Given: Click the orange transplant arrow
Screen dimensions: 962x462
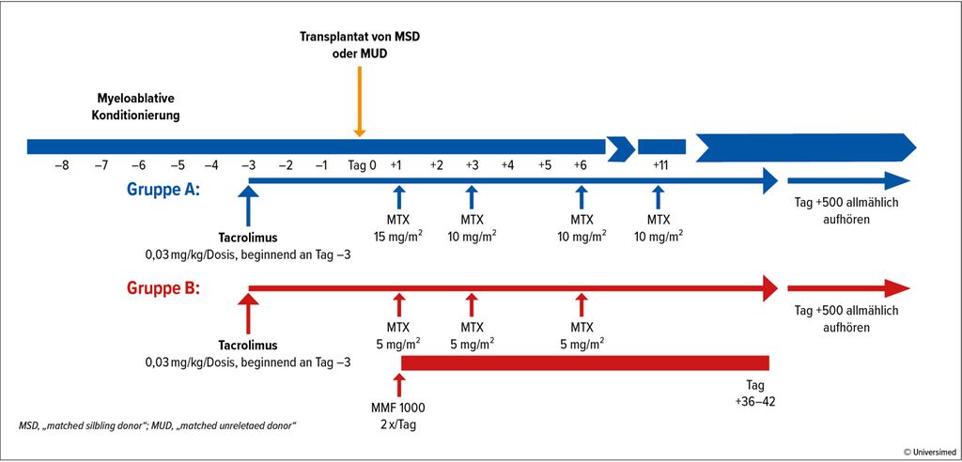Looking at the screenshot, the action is [x=360, y=101].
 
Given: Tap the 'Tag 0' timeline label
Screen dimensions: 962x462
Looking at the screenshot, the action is [x=362, y=165].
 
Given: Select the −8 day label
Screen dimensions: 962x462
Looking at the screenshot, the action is [x=61, y=165].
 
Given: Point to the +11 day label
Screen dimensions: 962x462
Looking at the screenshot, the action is [x=660, y=165].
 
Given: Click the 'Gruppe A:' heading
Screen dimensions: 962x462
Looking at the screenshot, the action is [x=163, y=189].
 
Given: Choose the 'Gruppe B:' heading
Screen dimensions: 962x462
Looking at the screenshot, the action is [x=163, y=287].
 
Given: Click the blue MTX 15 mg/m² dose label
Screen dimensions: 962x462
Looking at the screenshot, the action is [x=398, y=227].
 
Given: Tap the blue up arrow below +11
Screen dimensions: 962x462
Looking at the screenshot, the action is [x=658, y=197].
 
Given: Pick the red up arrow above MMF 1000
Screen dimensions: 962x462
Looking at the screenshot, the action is [x=399, y=384].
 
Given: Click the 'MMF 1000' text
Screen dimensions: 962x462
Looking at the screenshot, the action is [x=398, y=408].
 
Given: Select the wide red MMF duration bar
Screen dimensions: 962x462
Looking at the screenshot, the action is [x=584, y=362].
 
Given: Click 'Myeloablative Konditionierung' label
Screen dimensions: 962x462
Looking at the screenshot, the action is [x=135, y=107].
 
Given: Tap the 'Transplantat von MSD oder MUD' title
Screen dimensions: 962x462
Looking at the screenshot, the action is [x=360, y=45].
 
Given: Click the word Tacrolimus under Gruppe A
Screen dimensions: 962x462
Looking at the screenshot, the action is [x=248, y=237].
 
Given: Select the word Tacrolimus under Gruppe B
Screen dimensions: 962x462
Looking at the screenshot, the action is [x=248, y=345].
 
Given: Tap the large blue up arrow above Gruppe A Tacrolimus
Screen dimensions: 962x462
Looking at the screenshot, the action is [x=248, y=207].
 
